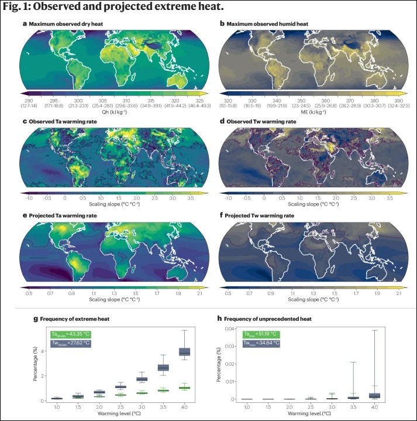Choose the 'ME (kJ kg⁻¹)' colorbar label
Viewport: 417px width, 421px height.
312,109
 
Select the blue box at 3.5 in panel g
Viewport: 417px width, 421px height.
164,367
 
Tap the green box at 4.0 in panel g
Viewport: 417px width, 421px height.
184,388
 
